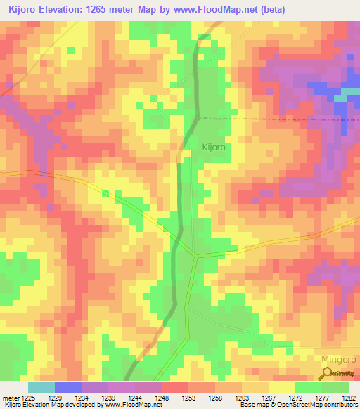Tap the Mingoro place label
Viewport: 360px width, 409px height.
339,359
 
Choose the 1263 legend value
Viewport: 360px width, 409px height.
241,398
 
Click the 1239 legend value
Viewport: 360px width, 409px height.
108,398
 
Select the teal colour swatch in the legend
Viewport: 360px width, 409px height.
41,387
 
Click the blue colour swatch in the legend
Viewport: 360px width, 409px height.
68,387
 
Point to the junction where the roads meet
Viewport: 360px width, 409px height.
196,256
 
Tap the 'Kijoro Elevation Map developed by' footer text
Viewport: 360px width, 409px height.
51,405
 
